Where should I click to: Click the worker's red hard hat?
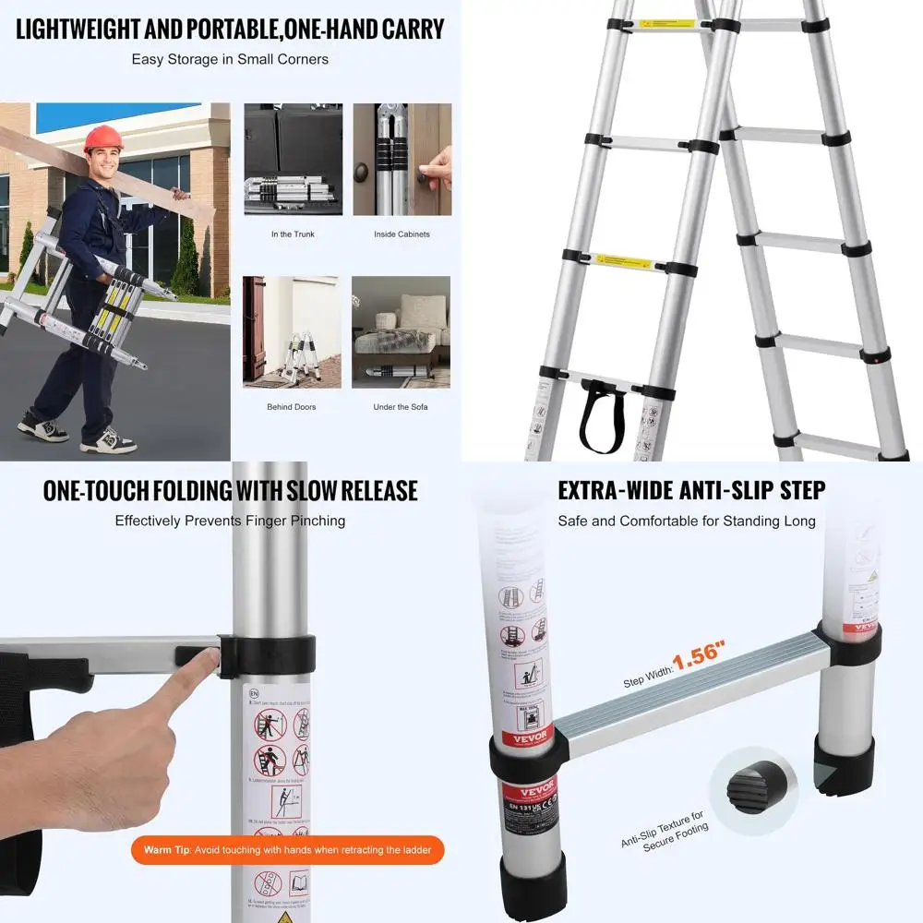(102, 138)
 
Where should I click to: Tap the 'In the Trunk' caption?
(293, 234)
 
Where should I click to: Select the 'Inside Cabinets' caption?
(402, 234)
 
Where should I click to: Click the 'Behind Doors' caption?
(292, 407)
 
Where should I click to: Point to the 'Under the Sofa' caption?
(401, 407)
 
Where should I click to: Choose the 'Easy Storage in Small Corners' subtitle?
(230, 60)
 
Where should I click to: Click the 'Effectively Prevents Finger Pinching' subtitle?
(230, 521)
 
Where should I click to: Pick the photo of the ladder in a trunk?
(293, 159)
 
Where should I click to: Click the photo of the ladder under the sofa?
(401, 331)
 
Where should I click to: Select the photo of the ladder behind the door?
(292, 331)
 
